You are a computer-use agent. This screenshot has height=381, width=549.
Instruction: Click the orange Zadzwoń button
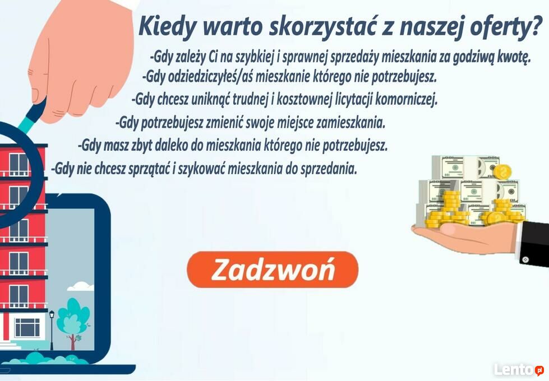273,270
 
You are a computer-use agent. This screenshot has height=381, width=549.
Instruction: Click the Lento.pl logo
519,369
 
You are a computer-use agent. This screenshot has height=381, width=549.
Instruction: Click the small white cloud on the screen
81,286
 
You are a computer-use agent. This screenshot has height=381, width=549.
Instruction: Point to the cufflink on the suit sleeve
525,259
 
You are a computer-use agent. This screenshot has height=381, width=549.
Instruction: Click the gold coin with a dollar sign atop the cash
502,173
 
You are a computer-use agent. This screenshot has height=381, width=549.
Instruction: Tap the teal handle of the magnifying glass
26,124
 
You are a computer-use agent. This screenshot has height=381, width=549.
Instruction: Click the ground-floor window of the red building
27,327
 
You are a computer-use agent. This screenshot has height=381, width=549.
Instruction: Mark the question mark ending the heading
536,26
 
